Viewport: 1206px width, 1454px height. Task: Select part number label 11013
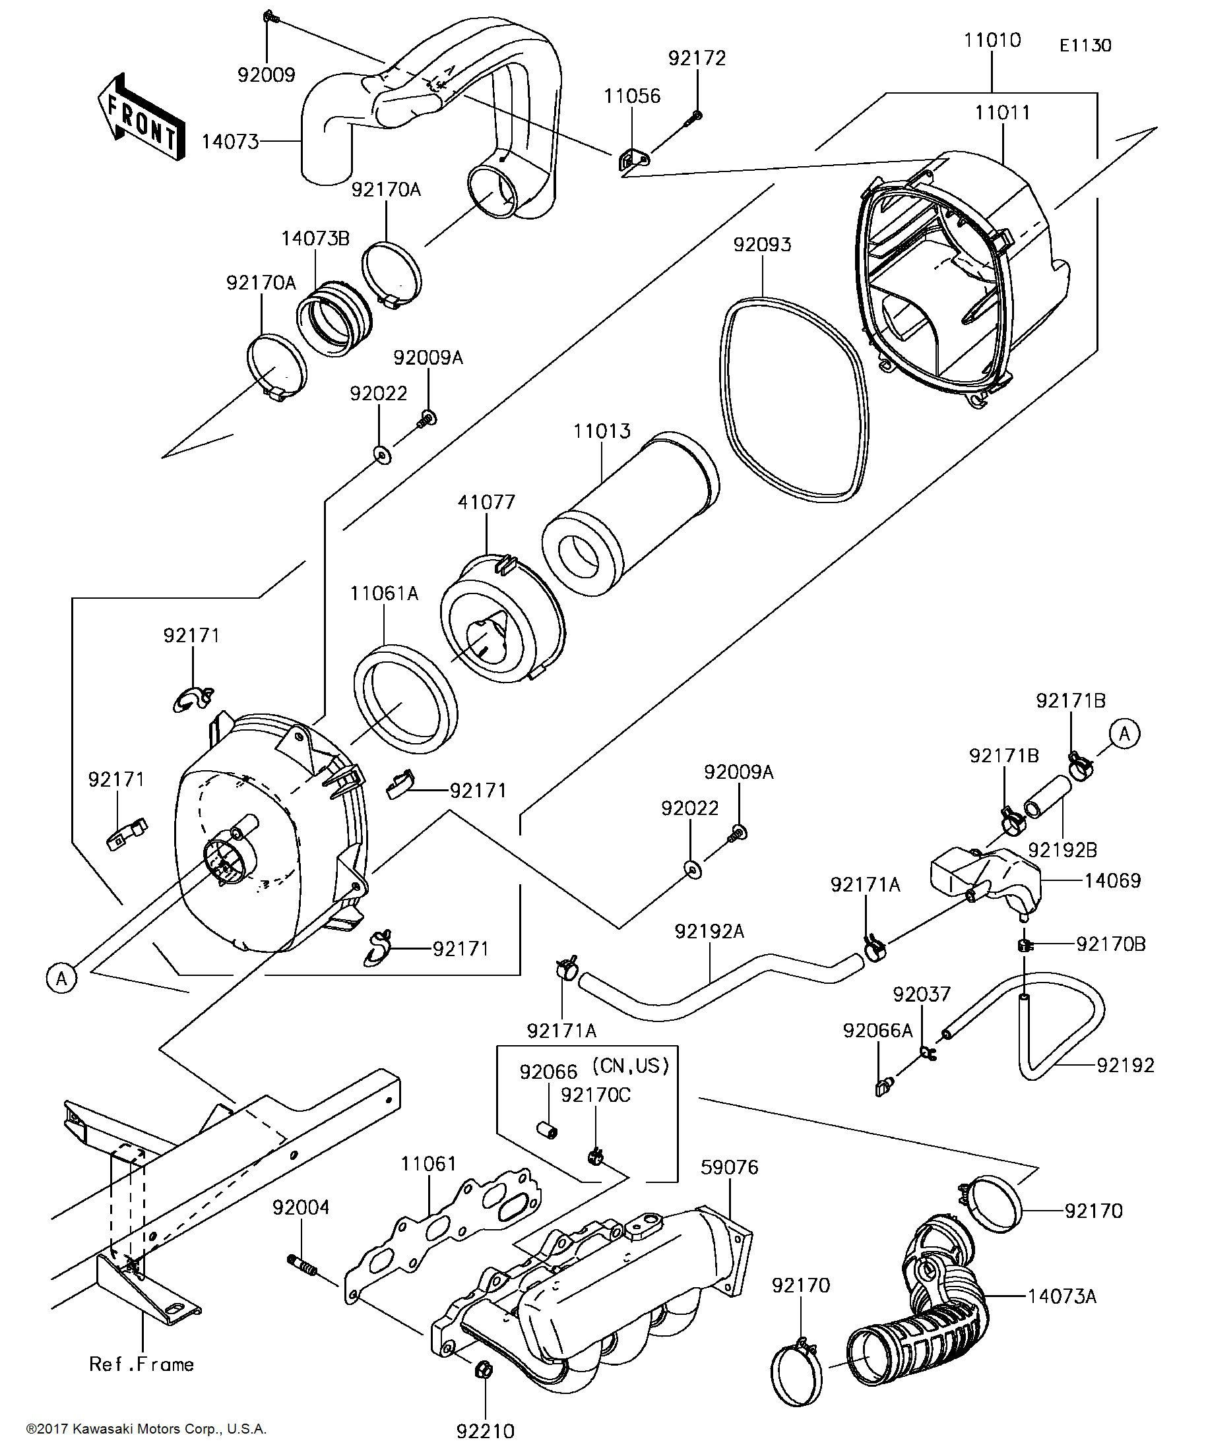[602, 431]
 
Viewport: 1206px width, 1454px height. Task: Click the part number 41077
[486, 502]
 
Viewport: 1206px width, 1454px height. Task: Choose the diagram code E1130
[1085, 45]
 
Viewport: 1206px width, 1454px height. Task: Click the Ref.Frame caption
[141, 1364]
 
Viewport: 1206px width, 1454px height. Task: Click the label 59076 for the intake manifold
[730, 1166]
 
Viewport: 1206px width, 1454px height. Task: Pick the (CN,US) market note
[630, 1066]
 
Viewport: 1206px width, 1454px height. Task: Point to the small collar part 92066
[549, 1131]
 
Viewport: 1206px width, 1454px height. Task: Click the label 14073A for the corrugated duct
[1062, 1296]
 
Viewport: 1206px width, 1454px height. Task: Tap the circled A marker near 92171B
[1124, 733]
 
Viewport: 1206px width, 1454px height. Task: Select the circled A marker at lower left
[61, 979]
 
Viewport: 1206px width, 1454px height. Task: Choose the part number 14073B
[315, 239]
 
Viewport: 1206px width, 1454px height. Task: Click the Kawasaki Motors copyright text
[146, 1428]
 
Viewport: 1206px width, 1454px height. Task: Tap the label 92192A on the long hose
[709, 932]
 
